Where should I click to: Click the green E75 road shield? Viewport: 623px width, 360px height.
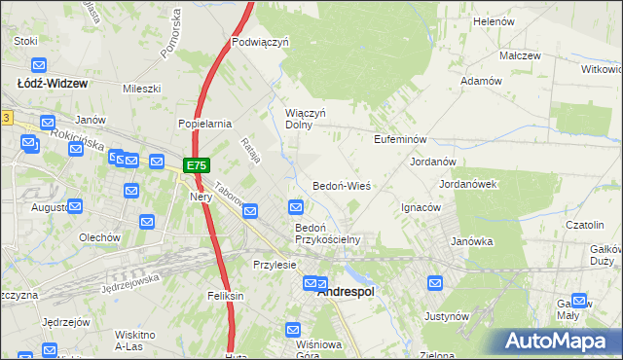(195, 165)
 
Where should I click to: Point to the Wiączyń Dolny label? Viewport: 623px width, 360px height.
(304, 120)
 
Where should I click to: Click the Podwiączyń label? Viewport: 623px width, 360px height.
(261, 43)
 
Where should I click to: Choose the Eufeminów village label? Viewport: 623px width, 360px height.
(401, 140)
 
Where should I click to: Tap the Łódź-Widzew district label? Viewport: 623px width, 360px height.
(53, 84)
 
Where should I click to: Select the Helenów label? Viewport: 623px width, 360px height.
(493, 20)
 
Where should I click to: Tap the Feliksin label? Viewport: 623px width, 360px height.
(224, 295)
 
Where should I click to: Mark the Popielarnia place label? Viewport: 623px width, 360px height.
(203, 124)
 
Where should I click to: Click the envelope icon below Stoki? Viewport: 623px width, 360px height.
(38, 66)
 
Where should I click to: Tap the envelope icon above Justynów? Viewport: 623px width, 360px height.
(436, 284)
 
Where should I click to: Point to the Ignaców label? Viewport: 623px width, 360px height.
(421, 207)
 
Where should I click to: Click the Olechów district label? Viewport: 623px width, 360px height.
(99, 236)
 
